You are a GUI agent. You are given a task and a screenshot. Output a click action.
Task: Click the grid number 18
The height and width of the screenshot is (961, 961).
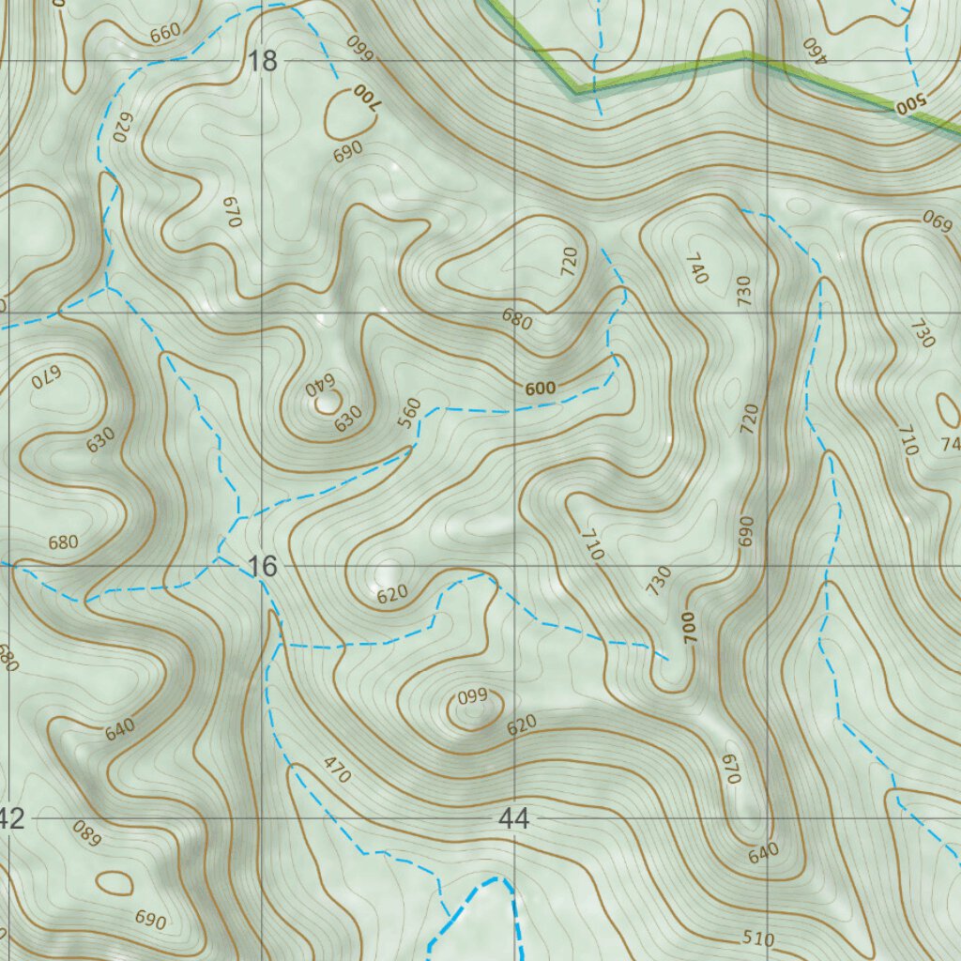264,62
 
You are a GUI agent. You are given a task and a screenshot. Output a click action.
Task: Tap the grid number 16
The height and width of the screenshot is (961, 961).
264,566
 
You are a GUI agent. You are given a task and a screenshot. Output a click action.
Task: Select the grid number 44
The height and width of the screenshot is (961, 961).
513,818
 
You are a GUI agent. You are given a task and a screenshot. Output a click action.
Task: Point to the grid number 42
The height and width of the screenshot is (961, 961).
11,818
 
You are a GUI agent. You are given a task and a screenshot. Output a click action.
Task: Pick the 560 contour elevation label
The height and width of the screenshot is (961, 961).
409,414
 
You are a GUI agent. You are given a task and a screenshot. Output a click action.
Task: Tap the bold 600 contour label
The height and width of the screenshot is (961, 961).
541,389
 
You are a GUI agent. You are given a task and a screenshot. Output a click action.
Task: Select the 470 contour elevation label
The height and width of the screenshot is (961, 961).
336,770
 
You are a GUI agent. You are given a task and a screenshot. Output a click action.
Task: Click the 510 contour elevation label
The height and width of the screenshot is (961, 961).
757,938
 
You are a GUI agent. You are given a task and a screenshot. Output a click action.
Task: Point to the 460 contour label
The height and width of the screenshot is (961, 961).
814,49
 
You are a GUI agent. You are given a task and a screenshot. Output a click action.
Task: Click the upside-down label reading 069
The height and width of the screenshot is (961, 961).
937,221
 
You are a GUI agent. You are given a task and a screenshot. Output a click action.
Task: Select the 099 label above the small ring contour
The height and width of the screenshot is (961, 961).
472,695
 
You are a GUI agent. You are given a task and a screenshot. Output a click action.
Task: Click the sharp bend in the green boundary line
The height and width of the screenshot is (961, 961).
576,91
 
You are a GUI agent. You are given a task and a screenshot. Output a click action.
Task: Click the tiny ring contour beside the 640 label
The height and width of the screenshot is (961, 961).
328,403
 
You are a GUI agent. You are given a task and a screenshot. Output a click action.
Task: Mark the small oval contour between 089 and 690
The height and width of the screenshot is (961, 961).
114,882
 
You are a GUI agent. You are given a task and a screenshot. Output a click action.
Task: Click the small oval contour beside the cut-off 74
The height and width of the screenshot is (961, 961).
948,411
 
